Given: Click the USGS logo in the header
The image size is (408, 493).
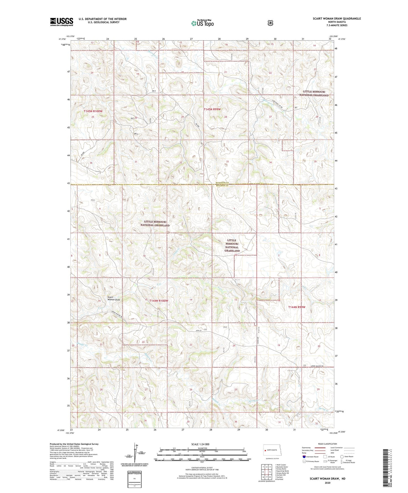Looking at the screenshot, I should pos(62,22).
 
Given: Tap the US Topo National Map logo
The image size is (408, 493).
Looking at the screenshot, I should pos(202,23).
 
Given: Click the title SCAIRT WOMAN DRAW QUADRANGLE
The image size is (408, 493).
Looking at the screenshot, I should pos(337,19).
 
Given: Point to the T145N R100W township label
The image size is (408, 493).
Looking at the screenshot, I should pos(93,111).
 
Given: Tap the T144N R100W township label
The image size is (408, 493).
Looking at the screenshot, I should pos(158,301).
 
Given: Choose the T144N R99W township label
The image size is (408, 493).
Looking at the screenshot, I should pos(297,307).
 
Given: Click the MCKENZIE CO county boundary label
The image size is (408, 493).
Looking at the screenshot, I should pos(223,183).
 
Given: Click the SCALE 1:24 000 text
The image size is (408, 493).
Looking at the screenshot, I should pos(200,444).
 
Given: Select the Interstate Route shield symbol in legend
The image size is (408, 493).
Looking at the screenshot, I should pos(304,456).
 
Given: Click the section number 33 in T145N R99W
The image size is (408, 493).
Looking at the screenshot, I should pos(227,162).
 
